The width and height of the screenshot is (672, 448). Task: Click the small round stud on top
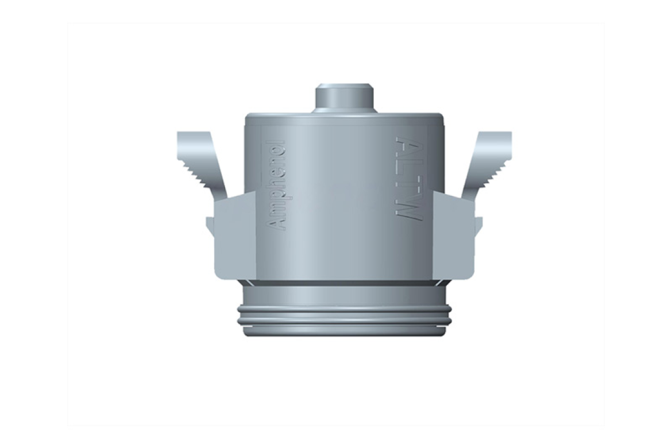point(344,98)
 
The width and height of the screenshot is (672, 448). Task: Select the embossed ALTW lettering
point(409,179)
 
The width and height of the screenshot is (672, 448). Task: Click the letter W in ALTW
point(409,210)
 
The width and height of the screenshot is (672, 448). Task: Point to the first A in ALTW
point(409,146)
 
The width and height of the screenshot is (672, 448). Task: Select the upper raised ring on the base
point(344,310)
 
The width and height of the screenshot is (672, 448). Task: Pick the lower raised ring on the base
point(344,322)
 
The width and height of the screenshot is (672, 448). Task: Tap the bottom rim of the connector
point(344,332)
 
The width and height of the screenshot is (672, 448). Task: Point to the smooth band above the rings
point(344,295)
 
